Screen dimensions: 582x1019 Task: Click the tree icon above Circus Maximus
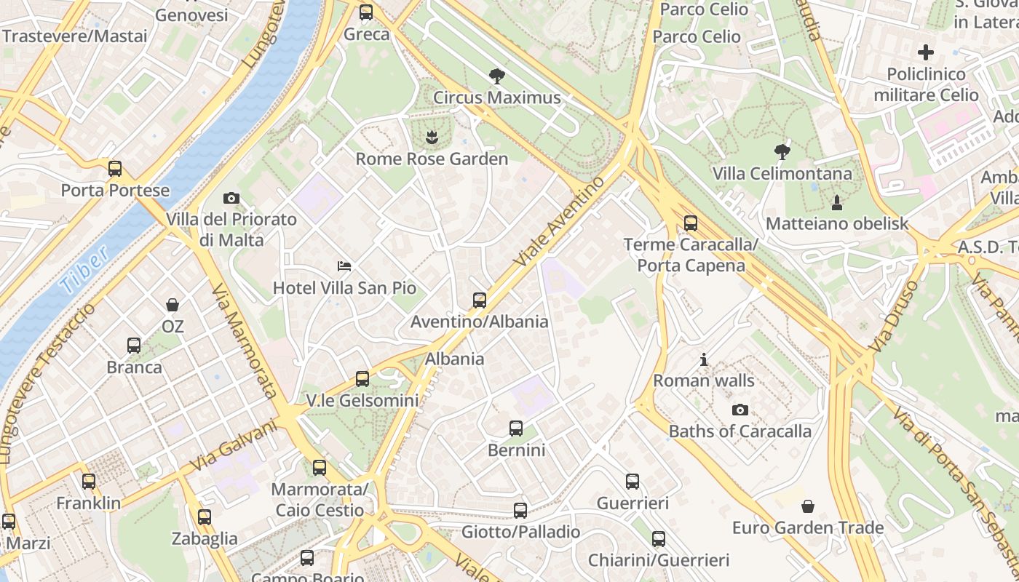tap(497, 76)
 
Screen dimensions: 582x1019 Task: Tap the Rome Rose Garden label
tap(432, 159)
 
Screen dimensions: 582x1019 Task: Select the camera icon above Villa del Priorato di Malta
tap(231, 198)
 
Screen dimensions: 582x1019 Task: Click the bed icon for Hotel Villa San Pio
tap(344, 266)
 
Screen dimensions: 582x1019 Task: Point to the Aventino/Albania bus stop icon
tap(479, 300)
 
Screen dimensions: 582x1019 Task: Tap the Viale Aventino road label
tap(558, 220)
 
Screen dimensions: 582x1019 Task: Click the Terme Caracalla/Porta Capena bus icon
tap(690, 223)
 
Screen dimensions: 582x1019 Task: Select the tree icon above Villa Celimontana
tap(782, 152)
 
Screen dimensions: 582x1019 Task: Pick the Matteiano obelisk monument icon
tap(837, 202)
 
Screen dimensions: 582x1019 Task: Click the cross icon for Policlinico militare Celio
tap(926, 52)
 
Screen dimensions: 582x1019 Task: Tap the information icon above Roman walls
tap(703, 359)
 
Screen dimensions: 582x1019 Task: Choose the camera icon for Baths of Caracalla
tap(740, 410)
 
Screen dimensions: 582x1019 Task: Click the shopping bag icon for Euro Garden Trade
tap(807, 506)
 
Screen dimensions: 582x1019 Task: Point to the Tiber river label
tap(85, 269)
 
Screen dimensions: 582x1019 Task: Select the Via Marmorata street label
tap(245, 340)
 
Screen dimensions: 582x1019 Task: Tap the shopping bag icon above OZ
tap(173, 305)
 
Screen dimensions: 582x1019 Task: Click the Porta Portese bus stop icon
tap(115, 169)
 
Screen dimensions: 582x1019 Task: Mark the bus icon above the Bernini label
tap(516, 428)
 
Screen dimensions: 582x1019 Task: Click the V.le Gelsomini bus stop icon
tap(362, 378)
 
